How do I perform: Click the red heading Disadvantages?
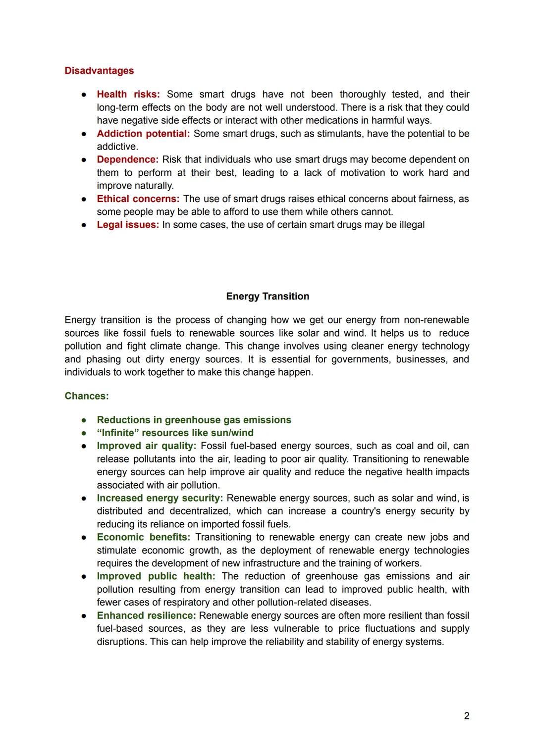[x=99, y=71]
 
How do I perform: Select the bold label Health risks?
[x=128, y=95]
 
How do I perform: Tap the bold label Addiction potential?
[x=143, y=134]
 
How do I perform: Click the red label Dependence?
[x=127, y=159]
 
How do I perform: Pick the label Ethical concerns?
[x=138, y=199]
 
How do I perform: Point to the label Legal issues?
[x=128, y=225]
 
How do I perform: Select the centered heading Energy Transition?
[x=267, y=297]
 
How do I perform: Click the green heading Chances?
[x=87, y=396]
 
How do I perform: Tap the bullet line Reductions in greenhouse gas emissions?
[x=194, y=420]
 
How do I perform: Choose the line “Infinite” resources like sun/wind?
[x=175, y=433]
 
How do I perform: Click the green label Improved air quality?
[x=146, y=446]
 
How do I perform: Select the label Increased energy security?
[x=160, y=498]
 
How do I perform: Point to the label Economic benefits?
[x=143, y=537]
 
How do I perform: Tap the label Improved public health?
[x=156, y=576]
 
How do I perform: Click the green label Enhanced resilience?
[x=146, y=615]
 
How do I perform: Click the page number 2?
[x=466, y=716]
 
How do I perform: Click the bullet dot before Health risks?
[x=85, y=95]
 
